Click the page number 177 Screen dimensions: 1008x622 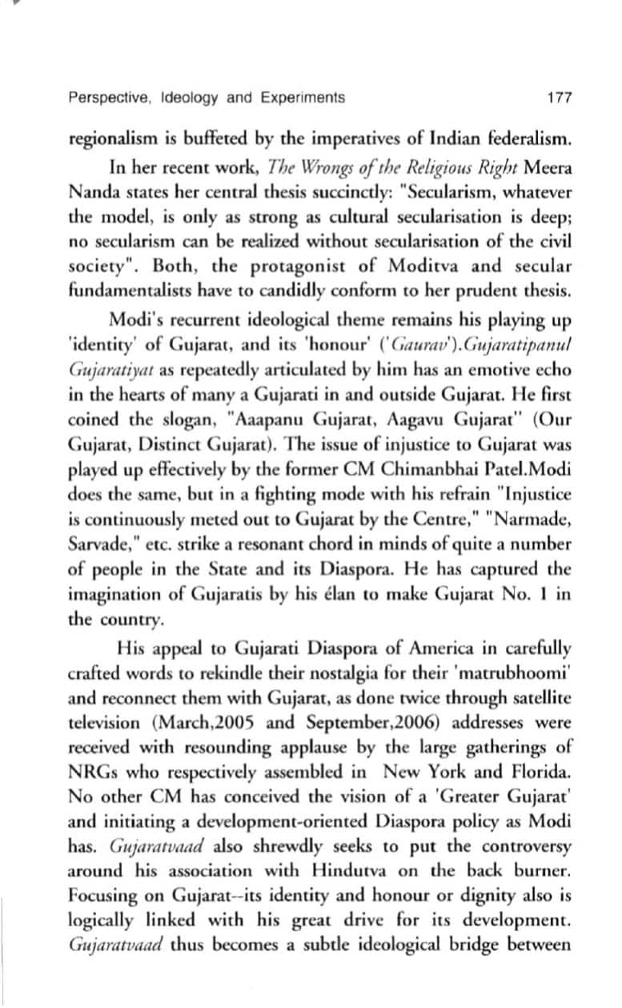coord(559,98)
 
